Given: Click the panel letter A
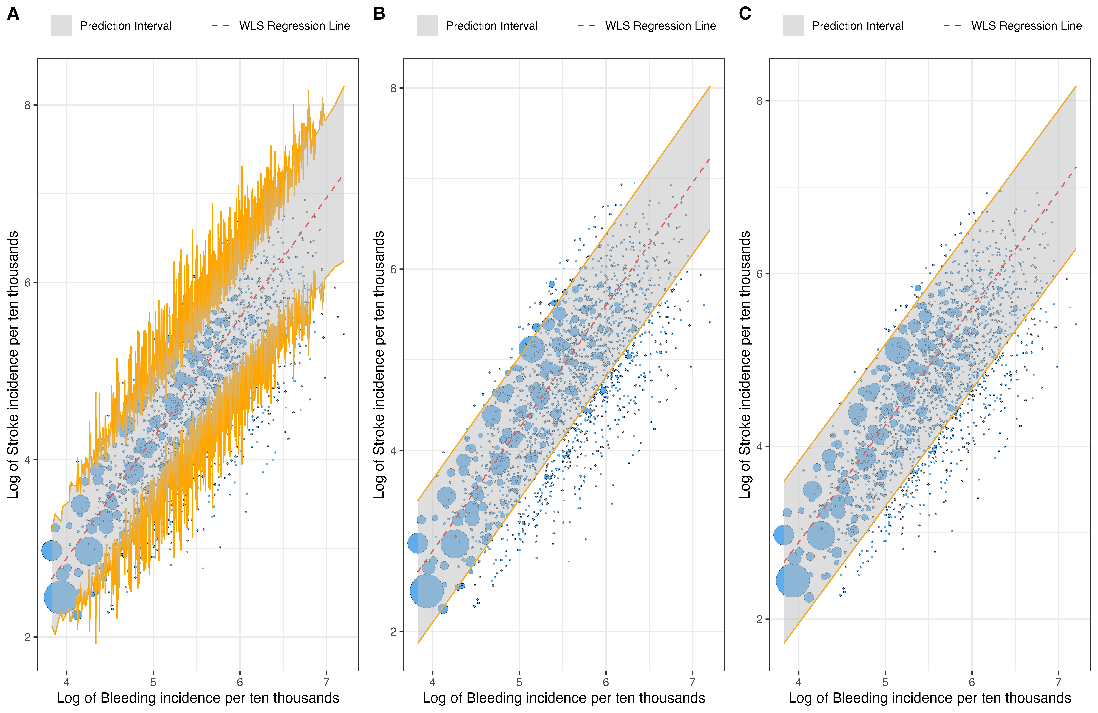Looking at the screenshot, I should pos(13,14).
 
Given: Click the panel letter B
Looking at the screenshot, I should pos(379,14).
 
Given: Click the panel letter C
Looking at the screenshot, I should pos(745,14).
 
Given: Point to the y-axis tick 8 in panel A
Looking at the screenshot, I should pos(28,105).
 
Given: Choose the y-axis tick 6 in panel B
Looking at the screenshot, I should pos(394,269).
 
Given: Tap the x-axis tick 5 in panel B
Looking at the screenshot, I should pos(519,682).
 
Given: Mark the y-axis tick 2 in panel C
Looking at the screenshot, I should pos(759,619).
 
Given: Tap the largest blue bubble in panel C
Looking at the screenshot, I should pos(793,581).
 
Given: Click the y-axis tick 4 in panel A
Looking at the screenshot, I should pos(28,460).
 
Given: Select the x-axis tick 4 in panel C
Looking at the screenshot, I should pos(799,682).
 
